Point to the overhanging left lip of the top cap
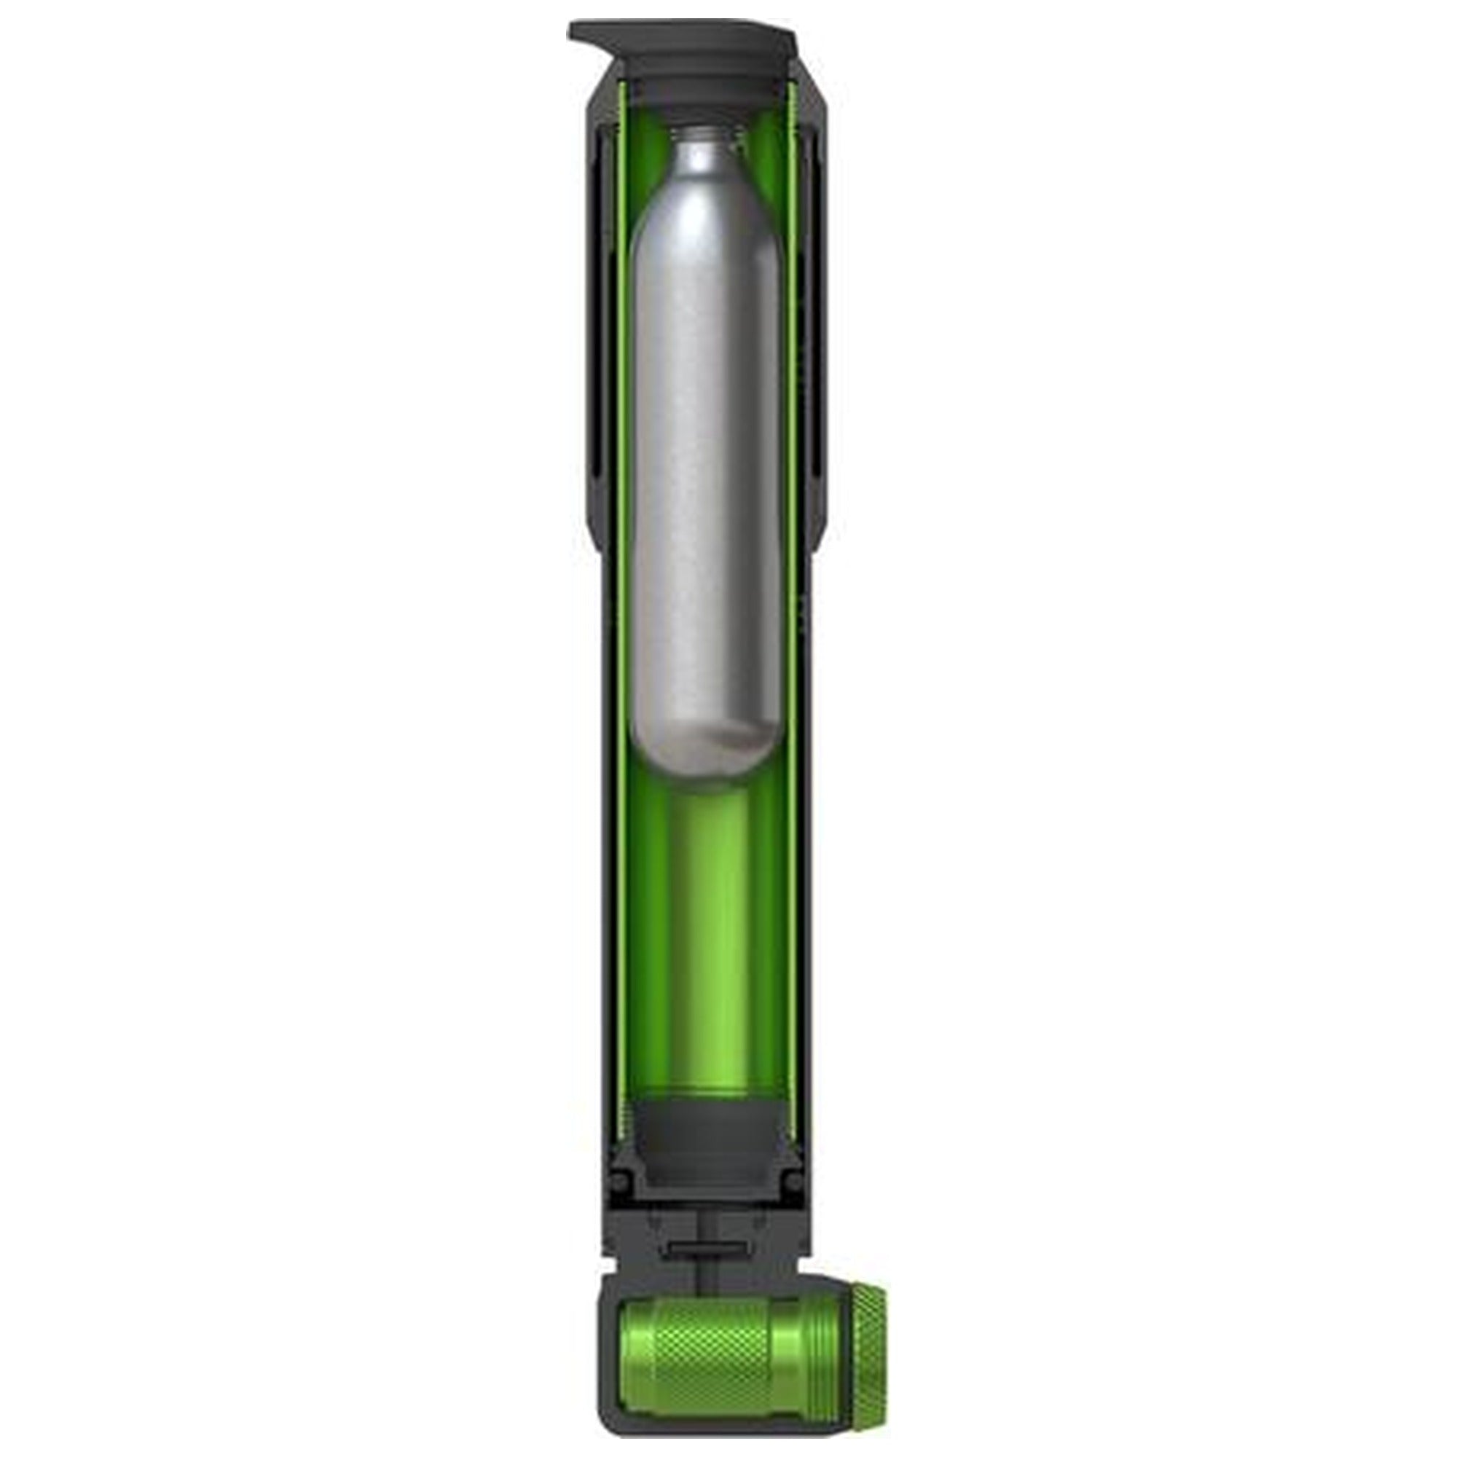tap(584, 34)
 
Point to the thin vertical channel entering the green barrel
tap(704, 1274)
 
